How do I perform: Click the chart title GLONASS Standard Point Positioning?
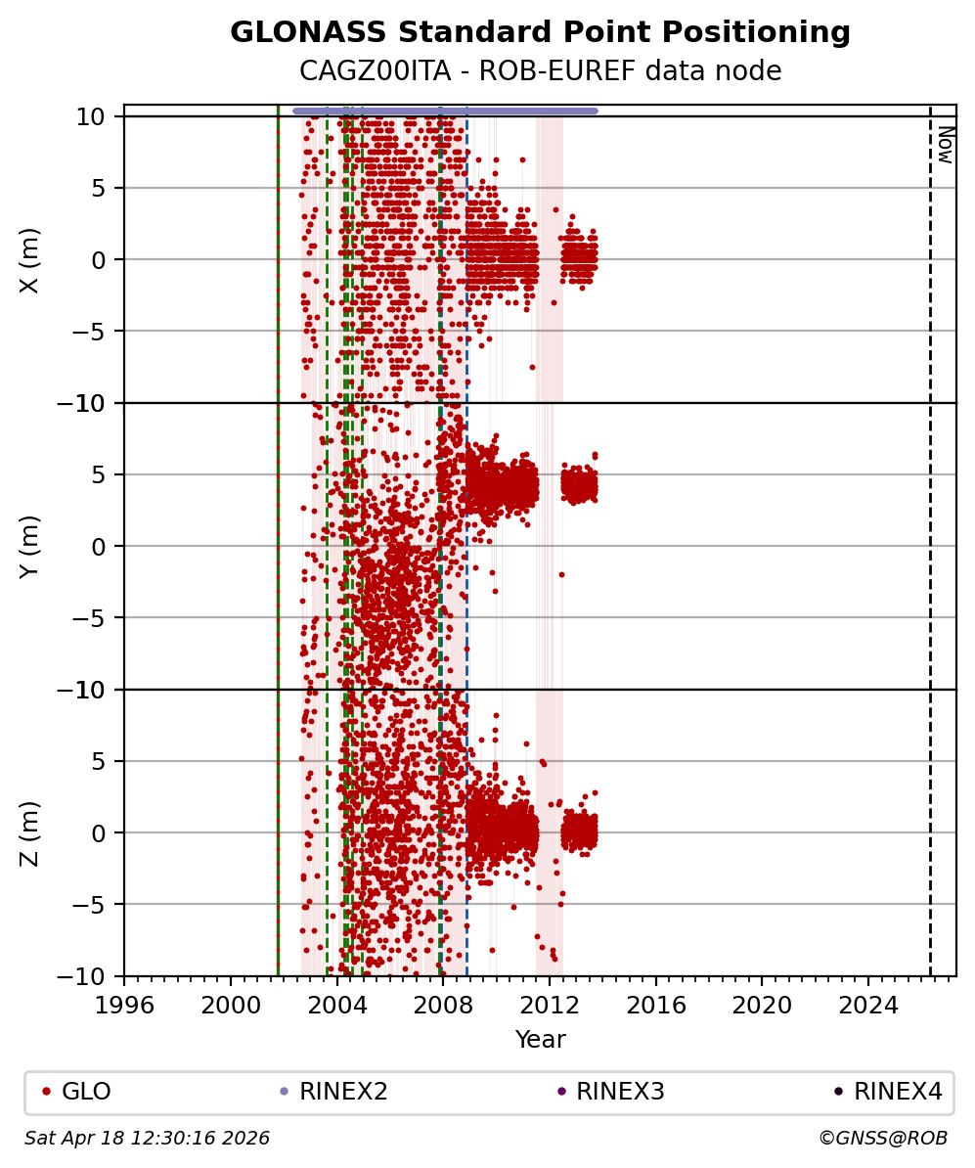coord(540,33)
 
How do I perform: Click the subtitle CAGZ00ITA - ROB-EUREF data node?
coord(540,71)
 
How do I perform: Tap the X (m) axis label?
coord(30,259)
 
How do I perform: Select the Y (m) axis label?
coord(30,546)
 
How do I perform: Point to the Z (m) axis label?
coord(30,832)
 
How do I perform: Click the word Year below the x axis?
coord(540,1040)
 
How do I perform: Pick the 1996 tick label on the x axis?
coord(124,1005)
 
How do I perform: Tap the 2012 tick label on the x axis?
coord(550,1005)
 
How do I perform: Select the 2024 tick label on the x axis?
coord(868,1005)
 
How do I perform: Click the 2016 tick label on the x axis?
coord(656,1005)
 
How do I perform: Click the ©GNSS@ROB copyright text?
coord(882,1139)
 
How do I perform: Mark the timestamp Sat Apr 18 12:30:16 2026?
coord(148,1139)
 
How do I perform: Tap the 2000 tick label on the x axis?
coord(231,1005)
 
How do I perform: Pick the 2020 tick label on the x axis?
coord(762,1005)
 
